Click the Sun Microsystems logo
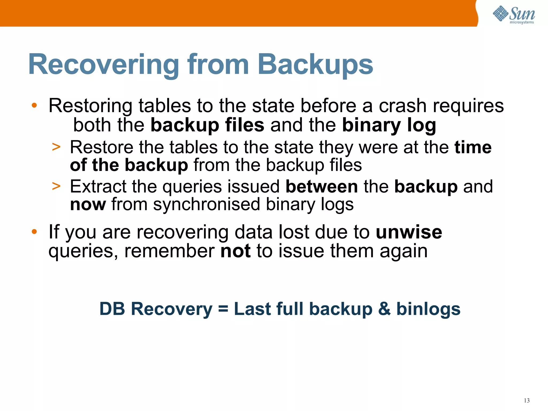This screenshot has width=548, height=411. point(514,15)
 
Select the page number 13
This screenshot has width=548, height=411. point(527,401)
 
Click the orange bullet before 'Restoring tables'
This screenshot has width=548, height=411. point(34,105)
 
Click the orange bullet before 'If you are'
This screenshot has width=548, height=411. point(34,231)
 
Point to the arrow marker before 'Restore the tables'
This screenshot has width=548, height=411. point(56,147)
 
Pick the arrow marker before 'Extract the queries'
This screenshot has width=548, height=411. point(56,186)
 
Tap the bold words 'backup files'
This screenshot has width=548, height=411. point(207,125)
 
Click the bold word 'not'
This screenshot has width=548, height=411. point(235,251)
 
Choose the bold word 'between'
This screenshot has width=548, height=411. point(322,186)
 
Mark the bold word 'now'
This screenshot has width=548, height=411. point(88,204)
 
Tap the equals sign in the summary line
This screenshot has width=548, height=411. point(223,309)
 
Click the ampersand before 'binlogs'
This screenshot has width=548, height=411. point(384,309)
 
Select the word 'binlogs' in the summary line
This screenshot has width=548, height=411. point(428,309)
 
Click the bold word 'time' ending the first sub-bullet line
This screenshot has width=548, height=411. point(473,147)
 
